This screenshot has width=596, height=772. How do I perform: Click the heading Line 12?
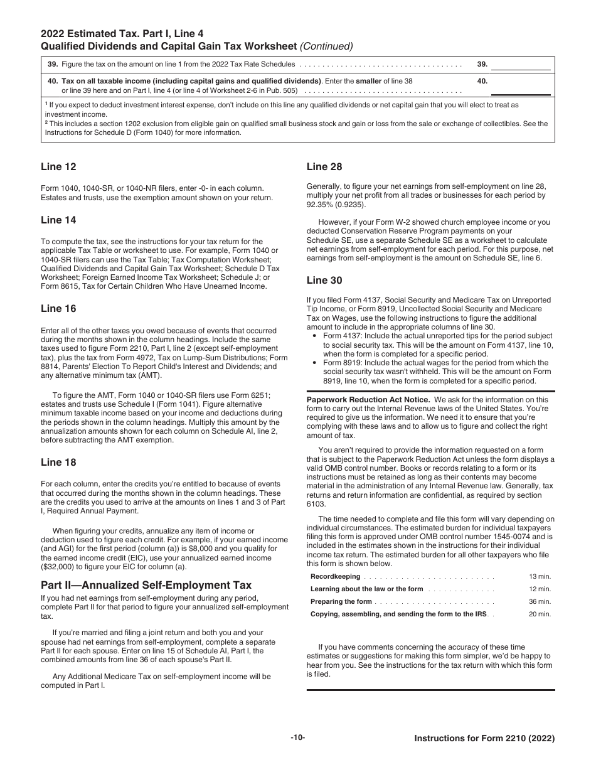(59, 167)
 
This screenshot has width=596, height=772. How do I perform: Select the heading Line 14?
(59, 220)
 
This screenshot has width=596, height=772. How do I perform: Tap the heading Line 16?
(59, 309)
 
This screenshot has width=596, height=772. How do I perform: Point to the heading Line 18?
(59, 463)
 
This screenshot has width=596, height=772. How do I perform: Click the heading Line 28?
(324, 167)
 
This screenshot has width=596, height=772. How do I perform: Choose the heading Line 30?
(324, 281)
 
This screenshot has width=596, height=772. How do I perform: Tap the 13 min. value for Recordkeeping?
(540, 576)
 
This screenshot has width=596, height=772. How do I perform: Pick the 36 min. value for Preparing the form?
(540, 601)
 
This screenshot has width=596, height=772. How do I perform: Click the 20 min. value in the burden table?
(540, 614)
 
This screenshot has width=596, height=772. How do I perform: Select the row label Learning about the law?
(366, 589)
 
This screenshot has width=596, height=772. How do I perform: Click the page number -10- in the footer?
(297, 737)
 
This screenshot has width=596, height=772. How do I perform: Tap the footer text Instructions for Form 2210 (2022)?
(484, 739)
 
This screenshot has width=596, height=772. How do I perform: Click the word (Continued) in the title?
(327, 46)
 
